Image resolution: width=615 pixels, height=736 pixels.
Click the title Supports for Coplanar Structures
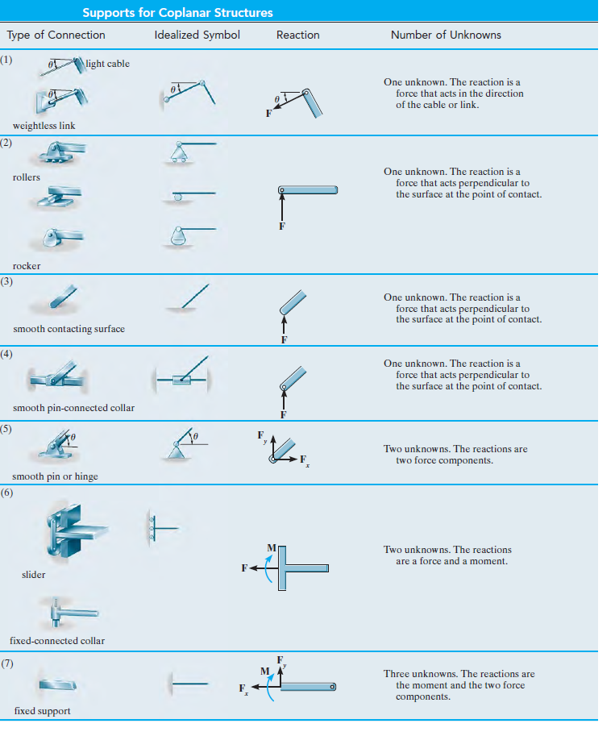[x=177, y=13]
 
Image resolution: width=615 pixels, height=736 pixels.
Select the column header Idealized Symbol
[x=197, y=35]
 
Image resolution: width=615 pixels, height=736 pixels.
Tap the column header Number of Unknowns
[x=446, y=35]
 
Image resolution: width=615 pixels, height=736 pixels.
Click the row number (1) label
[x=7, y=60]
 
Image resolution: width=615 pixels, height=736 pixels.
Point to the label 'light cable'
[x=107, y=64]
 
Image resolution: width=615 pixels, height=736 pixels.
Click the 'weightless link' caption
[x=44, y=126]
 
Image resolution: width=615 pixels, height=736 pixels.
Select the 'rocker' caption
[x=27, y=266]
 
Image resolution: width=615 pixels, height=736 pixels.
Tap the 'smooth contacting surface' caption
[x=69, y=329]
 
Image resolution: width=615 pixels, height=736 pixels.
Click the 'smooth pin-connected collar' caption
[x=73, y=408]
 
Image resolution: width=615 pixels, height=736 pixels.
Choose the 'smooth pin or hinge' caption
[x=56, y=476]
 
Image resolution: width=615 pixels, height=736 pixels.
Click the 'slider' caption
[x=33, y=575]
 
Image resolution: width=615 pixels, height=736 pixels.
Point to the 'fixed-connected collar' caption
[x=59, y=641]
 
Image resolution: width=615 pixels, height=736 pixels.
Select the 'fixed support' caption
[x=42, y=711]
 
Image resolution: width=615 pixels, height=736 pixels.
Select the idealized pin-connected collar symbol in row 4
[x=183, y=376]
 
